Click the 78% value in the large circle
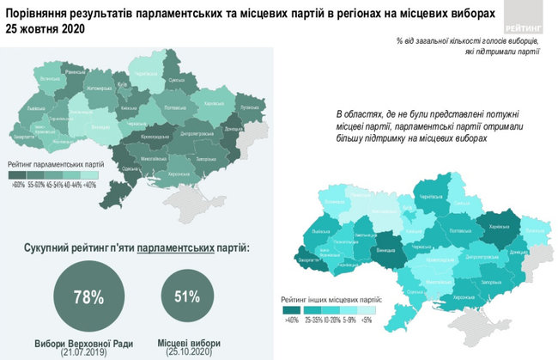88,297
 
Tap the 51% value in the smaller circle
189,297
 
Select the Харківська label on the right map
499,228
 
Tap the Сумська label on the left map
177,81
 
